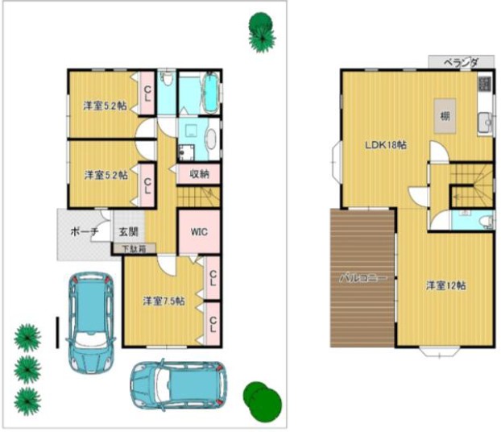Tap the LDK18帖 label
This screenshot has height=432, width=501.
coord(385,145)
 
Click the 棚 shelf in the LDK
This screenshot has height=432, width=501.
coord(445,117)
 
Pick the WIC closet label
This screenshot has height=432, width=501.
coord(199,231)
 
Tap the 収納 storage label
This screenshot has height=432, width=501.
coord(200,173)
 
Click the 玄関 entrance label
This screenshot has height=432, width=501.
coord(129,231)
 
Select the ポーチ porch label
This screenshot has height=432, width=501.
coord(84,231)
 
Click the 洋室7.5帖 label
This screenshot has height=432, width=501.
coord(164,301)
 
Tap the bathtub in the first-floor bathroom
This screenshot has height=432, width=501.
coord(209,93)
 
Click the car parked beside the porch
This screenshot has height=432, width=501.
coord(90,320)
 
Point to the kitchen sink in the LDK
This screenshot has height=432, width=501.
coord(486,123)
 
